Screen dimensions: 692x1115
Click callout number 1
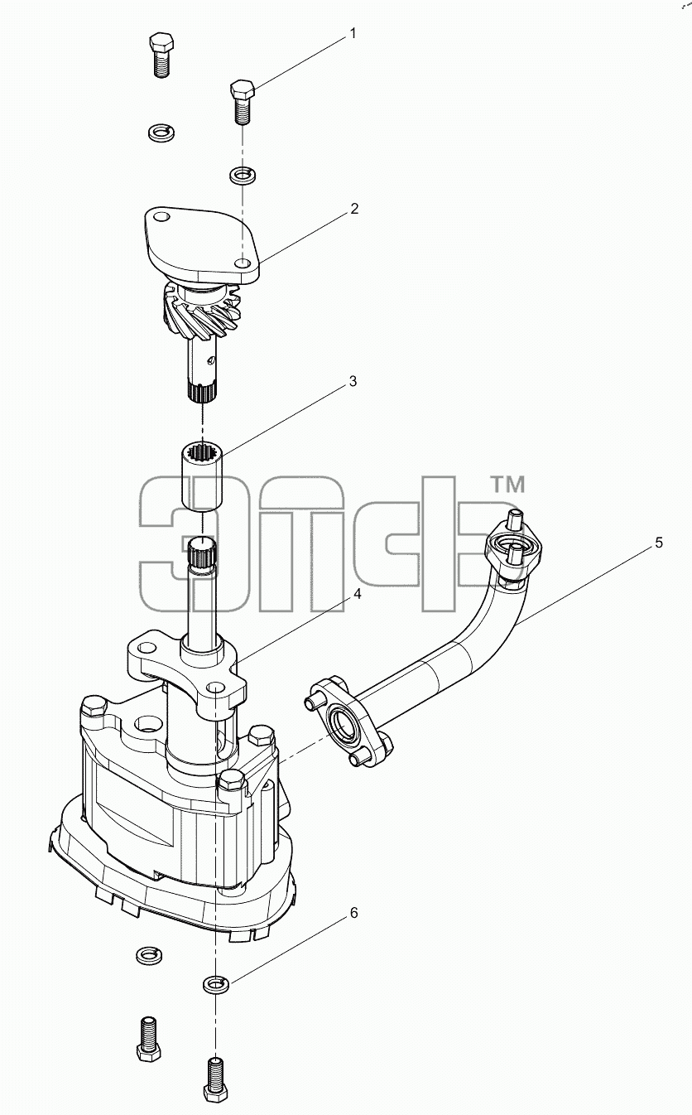pyautogui.click(x=353, y=34)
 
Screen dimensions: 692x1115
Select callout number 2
pyautogui.click(x=353, y=209)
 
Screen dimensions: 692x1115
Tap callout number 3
pyautogui.click(x=353, y=381)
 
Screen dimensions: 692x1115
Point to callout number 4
pyautogui.click(x=357, y=595)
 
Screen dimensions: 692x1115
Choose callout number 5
pyautogui.click(x=659, y=543)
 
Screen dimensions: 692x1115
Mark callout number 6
pyautogui.click(x=353, y=913)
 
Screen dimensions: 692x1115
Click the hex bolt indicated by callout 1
pyautogui.click(x=243, y=102)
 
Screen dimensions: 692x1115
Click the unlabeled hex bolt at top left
pyautogui.click(x=161, y=55)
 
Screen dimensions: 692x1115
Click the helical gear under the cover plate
pyautogui.click(x=201, y=309)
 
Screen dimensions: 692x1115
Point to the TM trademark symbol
pyautogui.click(x=507, y=485)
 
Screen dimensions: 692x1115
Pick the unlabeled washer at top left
pyautogui.click(x=161, y=132)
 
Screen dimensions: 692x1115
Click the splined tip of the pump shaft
pyautogui.click(x=203, y=553)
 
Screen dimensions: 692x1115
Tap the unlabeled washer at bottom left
pyautogui.click(x=149, y=955)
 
